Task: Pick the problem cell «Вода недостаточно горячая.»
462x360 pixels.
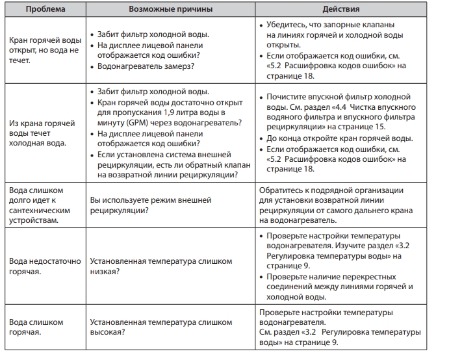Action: (x=42, y=266)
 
